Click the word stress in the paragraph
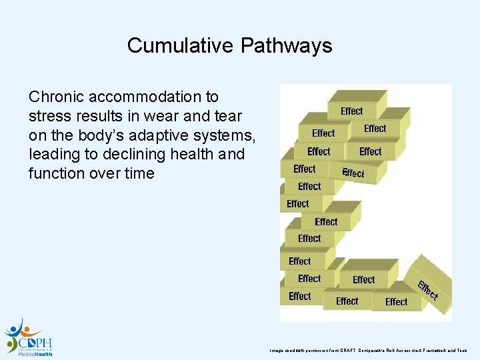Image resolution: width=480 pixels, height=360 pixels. pos(49,116)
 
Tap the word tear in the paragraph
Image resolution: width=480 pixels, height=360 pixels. pos(226,116)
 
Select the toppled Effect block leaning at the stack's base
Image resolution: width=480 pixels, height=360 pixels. pos(427,287)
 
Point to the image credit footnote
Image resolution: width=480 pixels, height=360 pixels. pos(369,350)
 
